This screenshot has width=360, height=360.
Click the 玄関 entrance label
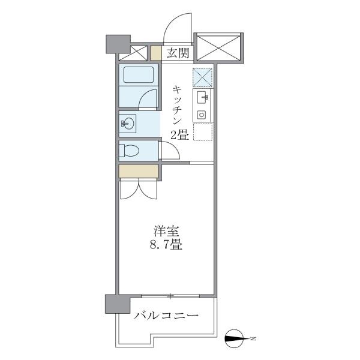pyautogui.click(x=177, y=53)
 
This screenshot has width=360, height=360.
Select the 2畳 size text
pyautogui.click(x=179, y=134)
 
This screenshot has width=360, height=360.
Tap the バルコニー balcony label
pyautogui.click(x=166, y=316)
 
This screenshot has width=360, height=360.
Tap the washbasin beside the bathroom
pyautogui.click(x=128, y=124)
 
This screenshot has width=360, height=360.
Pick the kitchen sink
pyautogui.click(x=203, y=97)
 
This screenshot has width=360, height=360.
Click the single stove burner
pyautogui.click(x=202, y=114)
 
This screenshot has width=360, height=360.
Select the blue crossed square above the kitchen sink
pyautogui.click(x=202, y=77)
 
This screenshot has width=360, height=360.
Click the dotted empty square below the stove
pyautogui.click(x=203, y=131)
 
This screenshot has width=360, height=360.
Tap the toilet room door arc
pyautogui.click(x=170, y=150)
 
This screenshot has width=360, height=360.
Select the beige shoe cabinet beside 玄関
pyautogui.click(x=155, y=53)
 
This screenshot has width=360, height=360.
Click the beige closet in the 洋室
pyautogui.click(x=139, y=171)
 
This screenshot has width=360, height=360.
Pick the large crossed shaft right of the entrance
pyautogui.click(x=218, y=46)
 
